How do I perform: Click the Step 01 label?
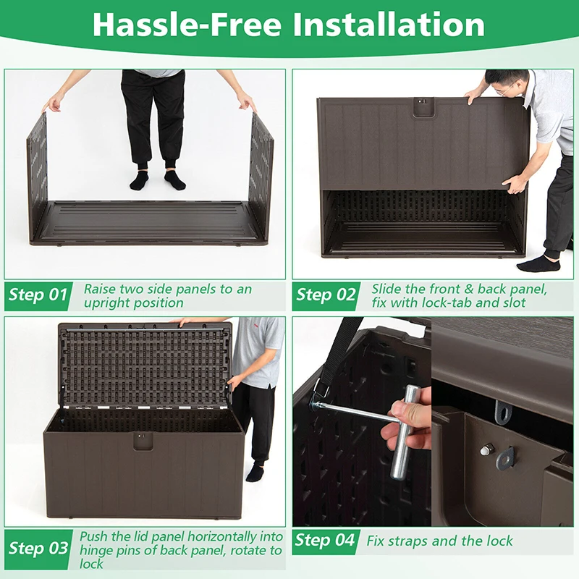tap(38, 295)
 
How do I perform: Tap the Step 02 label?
tap(326, 295)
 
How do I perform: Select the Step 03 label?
tap(38, 548)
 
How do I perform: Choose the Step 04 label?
tap(324, 540)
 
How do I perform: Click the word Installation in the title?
tap(389, 25)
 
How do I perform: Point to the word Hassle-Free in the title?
tap(187, 25)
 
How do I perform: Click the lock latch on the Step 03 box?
tap(143, 441)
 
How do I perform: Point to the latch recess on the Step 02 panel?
tap(423, 106)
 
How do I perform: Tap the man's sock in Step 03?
tap(255, 473)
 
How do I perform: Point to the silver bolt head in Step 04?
tap(486, 449)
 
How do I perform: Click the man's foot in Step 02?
tap(538, 264)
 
